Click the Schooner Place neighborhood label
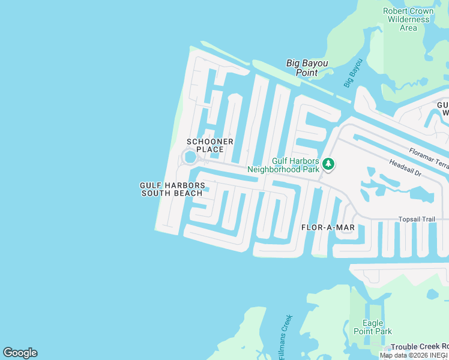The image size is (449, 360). [x=209, y=145]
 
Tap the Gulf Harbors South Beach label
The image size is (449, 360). [x=172, y=190]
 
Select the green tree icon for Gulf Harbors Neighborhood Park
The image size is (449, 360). [x=328, y=164]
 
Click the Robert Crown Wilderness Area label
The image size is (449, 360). [x=408, y=19]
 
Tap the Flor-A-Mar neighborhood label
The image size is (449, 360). [x=328, y=227]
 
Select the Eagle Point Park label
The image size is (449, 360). [x=373, y=327]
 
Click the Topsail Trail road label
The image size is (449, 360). [x=417, y=219]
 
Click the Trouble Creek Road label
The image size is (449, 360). [x=420, y=347]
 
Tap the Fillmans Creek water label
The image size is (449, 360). [x=285, y=337]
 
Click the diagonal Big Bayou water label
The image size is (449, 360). [x=354, y=73]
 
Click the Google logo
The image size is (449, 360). [x=20, y=353]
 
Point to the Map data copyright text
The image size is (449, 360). [x=414, y=355]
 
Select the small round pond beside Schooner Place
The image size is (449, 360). [x=190, y=157]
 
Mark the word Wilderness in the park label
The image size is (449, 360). [x=408, y=19]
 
